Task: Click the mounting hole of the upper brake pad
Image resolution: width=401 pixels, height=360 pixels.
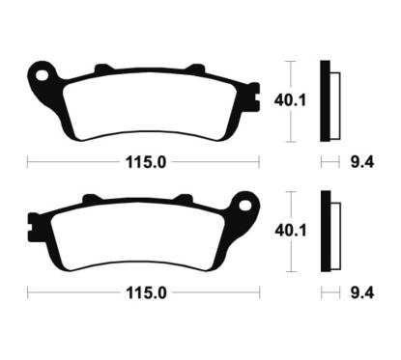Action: (x=41, y=72)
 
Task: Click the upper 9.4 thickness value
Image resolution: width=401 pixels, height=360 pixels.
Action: (x=358, y=161)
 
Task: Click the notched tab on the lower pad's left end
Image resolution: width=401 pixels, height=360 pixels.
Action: (x=32, y=229)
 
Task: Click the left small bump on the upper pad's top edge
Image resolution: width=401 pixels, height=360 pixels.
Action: (x=101, y=69)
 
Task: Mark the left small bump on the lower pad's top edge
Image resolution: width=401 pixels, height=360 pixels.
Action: (x=91, y=200)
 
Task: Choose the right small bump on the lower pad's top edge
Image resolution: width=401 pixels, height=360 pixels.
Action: (x=185, y=200)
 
